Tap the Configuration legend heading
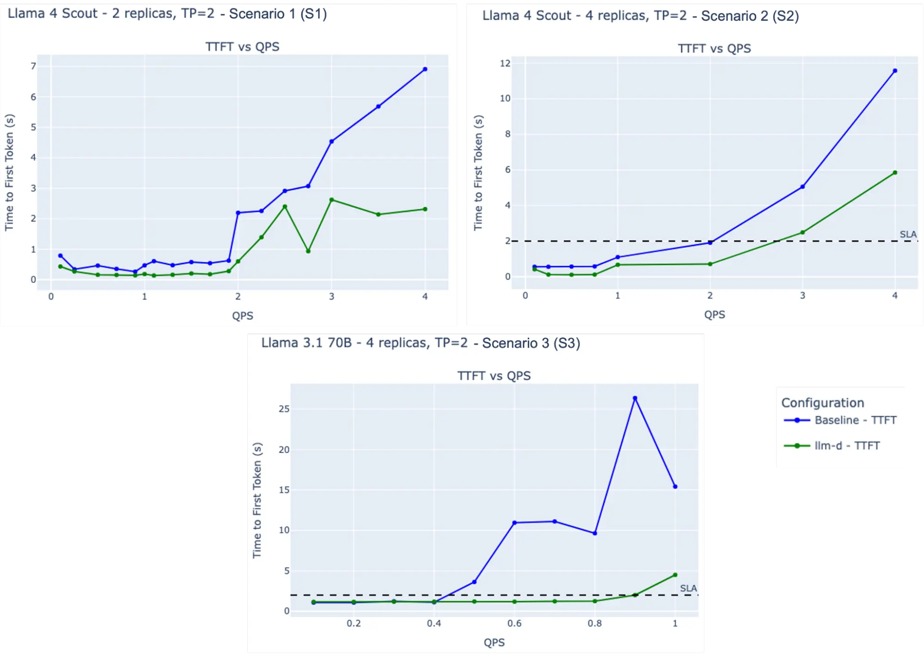click(x=822, y=403)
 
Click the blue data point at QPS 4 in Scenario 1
click(x=425, y=69)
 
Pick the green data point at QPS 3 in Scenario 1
click(x=331, y=200)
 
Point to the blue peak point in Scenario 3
click(x=635, y=398)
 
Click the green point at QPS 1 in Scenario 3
click(x=675, y=575)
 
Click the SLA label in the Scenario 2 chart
click(x=908, y=234)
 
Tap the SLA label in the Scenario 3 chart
click(x=688, y=588)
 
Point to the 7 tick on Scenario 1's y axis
click(x=33, y=66)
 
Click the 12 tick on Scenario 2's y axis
click(x=505, y=63)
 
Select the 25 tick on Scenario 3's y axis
click(x=284, y=409)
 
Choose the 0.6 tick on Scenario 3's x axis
click(x=514, y=623)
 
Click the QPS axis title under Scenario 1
click(x=243, y=316)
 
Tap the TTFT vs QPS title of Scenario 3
click(x=494, y=376)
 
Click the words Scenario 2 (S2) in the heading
click(x=750, y=16)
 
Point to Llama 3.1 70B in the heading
click(x=306, y=343)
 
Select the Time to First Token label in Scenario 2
click(x=478, y=172)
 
